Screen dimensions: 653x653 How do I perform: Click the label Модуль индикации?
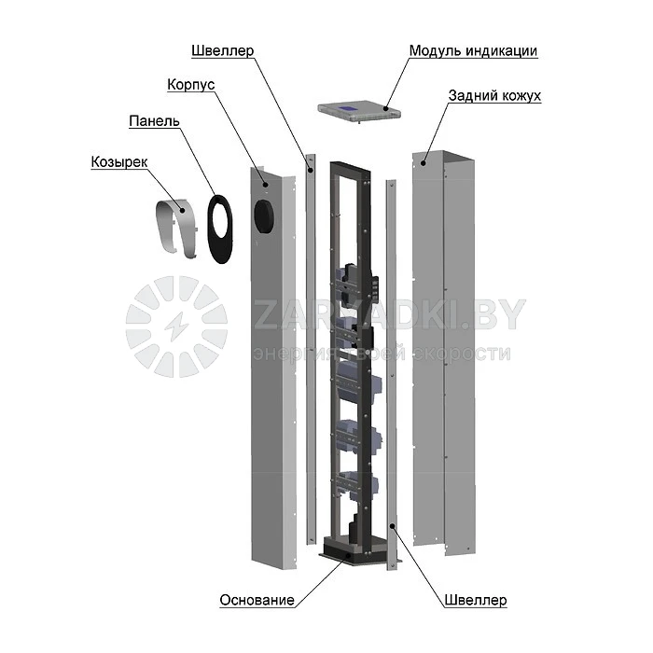pos(473,50)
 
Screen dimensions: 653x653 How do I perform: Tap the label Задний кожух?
pos(494,95)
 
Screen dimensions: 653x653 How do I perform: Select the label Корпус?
pos(190,85)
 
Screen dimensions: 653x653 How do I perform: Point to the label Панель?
pos(154,120)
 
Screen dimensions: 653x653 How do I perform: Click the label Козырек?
pos(119,161)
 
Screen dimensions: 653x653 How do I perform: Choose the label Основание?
pos(257,600)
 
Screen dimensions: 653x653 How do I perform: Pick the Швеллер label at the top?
pos(222,50)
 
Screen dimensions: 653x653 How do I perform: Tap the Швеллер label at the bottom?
pos(476,600)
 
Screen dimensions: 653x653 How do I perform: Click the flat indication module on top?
pos(359,111)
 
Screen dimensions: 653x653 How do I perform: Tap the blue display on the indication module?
pos(348,108)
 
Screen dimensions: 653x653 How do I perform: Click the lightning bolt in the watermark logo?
pos(175,326)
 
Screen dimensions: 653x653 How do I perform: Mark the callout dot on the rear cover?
pos(424,163)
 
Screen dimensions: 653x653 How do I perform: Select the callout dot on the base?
pos(348,555)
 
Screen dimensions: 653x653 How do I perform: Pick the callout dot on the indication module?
pos(385,109)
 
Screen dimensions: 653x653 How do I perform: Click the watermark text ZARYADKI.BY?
pos(389,315)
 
